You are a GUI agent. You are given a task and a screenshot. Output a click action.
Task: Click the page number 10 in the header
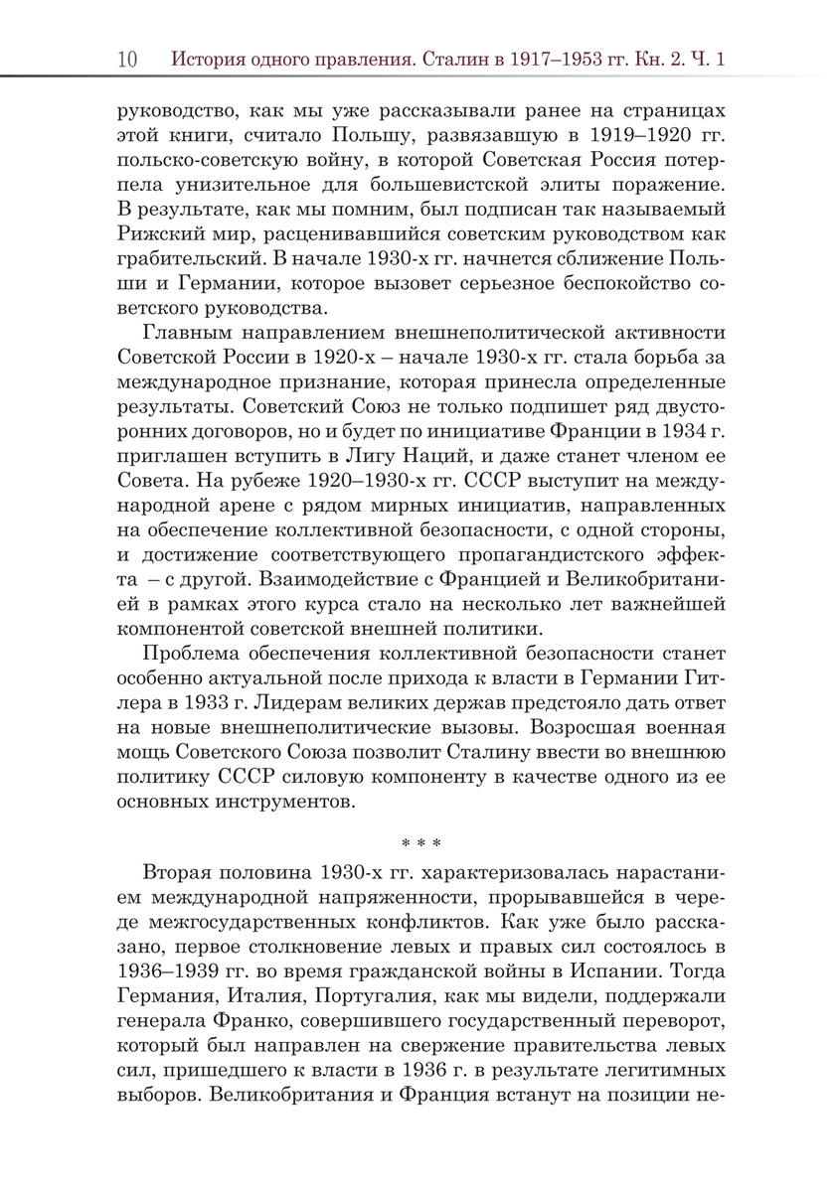(127, 59)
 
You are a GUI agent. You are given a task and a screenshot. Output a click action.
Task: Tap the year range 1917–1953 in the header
(528, 59)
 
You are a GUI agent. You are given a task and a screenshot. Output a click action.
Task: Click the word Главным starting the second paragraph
(193, 331)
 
